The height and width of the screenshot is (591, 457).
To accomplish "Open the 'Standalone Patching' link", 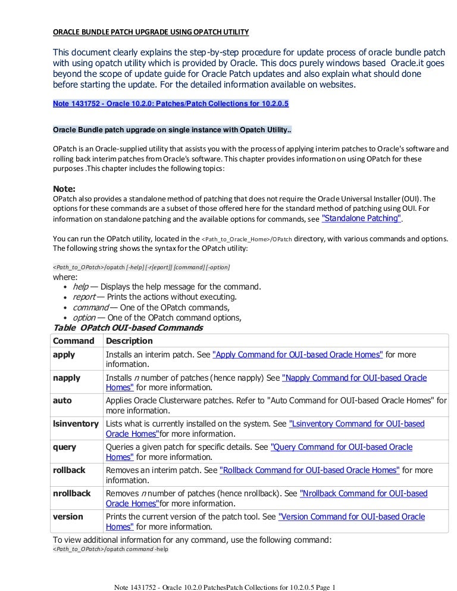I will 361,219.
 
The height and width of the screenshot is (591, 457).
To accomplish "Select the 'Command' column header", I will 74,341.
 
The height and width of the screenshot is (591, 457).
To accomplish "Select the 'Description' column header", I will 129,341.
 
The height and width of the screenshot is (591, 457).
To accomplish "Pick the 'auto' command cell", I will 62,401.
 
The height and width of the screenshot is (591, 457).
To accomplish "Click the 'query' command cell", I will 65,447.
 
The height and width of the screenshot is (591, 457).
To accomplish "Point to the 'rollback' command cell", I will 69,470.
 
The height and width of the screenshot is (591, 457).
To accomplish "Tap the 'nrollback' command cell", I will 72,493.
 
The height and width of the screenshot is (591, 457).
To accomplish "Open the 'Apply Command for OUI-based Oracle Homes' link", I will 298,354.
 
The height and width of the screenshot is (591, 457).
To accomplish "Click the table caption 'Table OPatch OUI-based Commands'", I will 128,328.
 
